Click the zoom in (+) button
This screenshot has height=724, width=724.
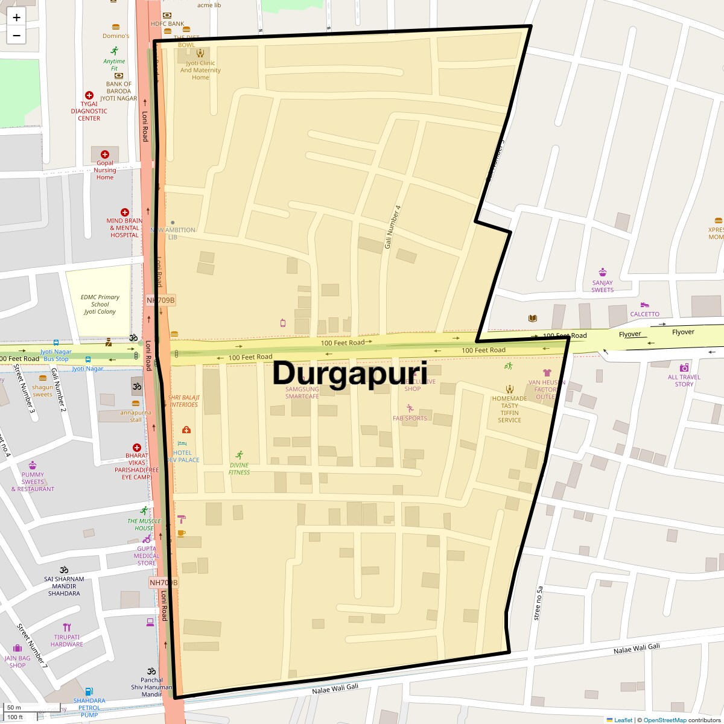[x=16, y=17]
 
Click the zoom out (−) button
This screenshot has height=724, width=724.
[x=16, y=36]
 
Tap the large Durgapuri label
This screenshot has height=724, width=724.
[x=349, y=373]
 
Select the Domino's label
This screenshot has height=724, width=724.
[x=115, y=36]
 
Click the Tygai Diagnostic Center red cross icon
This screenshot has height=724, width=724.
[x=89, y=95]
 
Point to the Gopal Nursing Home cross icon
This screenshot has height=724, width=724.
[x=105, y=154]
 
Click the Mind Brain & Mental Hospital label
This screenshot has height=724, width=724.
[x=124, y=228]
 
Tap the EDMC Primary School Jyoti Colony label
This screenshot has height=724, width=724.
[x=100, y=305]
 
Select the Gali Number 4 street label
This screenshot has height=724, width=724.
[x=393, y=227]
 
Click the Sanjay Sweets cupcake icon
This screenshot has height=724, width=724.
[x=602, y=272]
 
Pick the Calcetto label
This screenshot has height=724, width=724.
[x=644, y=314]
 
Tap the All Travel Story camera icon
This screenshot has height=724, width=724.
[x=684, y=367]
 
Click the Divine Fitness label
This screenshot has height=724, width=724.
[x=239, y=469]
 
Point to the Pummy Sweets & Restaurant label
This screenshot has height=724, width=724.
[x=33, y=482]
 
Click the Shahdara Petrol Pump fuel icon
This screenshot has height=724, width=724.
[x=89, y=691]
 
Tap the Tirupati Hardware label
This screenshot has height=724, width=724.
[x=67, y=641]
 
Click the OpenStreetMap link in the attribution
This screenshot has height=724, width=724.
[x=664, y=720]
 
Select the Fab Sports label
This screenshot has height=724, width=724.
[x=410, y=418]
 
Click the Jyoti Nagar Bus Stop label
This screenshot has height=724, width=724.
[x=56, y=355]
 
